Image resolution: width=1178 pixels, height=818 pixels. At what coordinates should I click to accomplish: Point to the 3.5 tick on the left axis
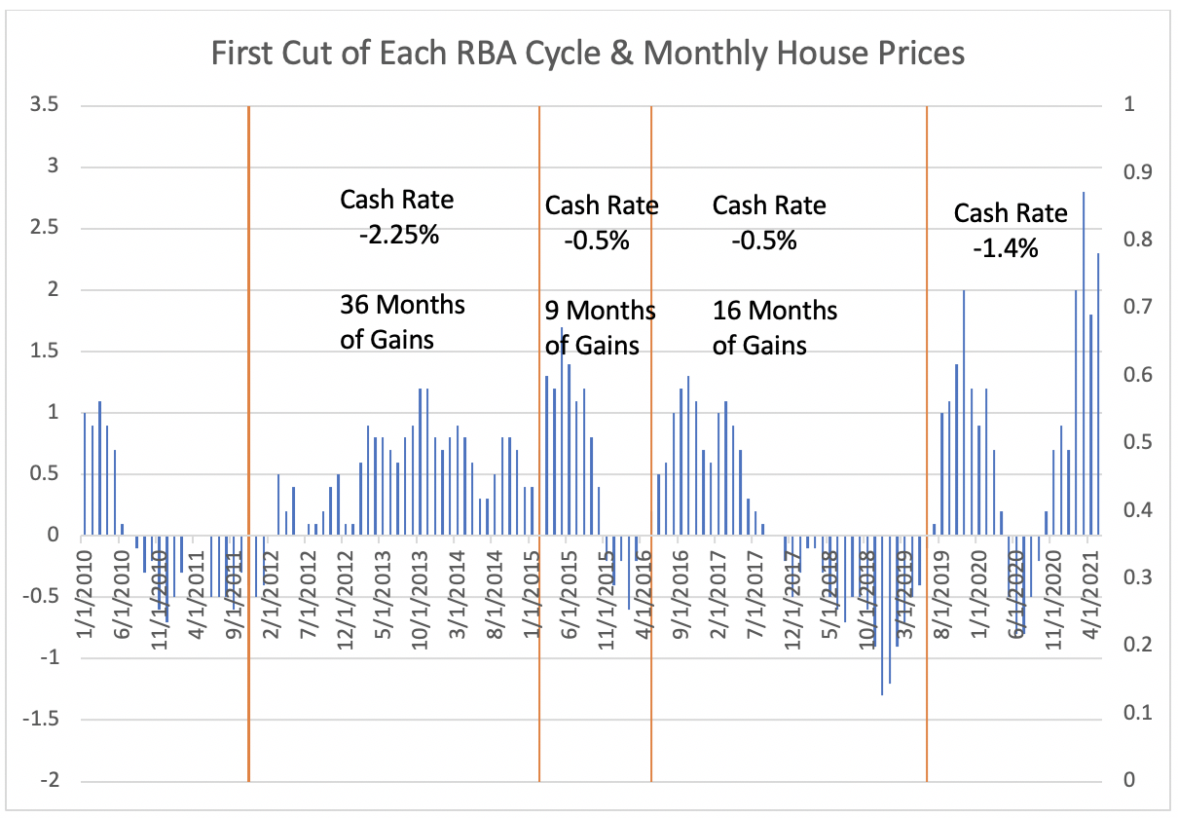43,105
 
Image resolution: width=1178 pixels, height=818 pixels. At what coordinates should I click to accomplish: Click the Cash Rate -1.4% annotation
1010,230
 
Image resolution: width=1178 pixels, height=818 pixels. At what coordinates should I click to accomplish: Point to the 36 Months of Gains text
401,322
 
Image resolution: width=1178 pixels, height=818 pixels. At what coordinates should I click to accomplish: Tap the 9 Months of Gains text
599,328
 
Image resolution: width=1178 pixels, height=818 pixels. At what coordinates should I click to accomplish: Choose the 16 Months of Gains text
774,327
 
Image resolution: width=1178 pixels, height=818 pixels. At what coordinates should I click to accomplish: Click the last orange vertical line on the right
926,443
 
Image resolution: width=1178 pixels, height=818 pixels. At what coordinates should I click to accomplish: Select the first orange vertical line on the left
249,443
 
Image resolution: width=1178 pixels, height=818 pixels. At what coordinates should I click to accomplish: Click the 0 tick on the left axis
53,536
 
